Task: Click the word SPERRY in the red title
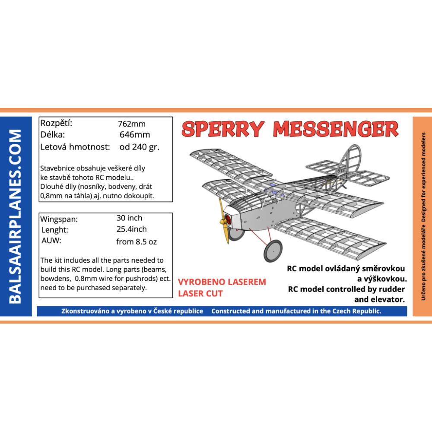tap(223, 129)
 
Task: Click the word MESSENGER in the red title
tap(336, 129)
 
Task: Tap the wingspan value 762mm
tap(132, 124)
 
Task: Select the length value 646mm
tap(135, 135)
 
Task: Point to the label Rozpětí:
tap(56, 123)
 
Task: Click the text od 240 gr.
tap(140, 147)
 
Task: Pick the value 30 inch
tap(129, 218)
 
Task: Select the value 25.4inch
tap(131, 229)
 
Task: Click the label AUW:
tap(51, 241)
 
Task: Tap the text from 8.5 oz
tap(137, 241)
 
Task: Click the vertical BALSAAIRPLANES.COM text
tap(15, 216)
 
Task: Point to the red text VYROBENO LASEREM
tap(222, 282)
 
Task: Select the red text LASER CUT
tap(200, 294)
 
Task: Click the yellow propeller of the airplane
tap(223, 222)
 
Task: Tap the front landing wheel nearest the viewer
tap(273, 251)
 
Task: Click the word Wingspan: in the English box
tap(59, 219)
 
